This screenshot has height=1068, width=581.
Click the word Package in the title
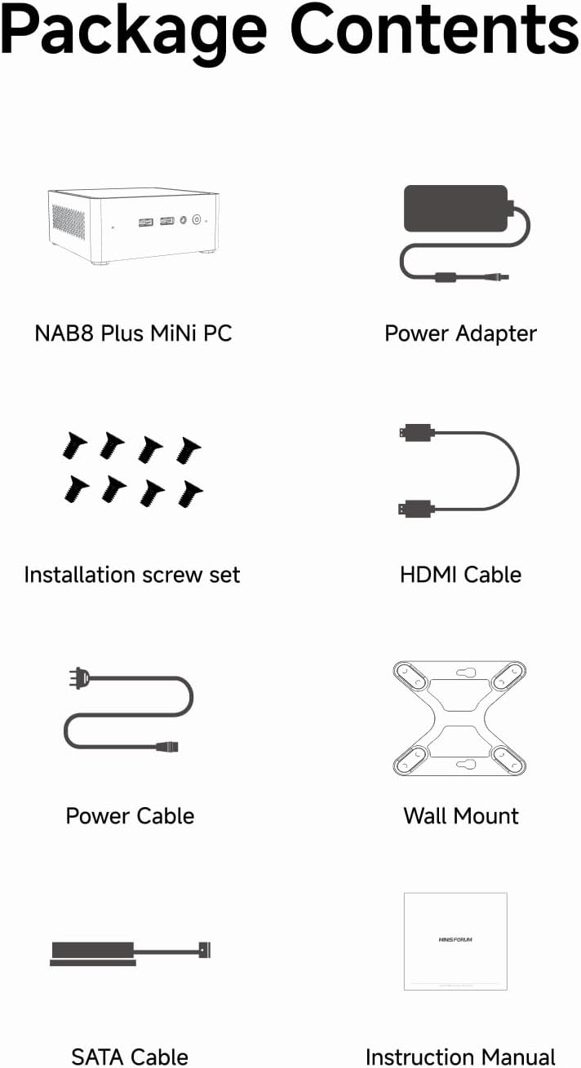(x=134, y=33)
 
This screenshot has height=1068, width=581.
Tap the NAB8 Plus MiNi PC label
(x=133, y=333)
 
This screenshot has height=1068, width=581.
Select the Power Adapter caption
(x=461, y=333)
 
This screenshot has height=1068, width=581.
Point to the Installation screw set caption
(x=131, y=575)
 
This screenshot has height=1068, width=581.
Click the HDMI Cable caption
(x=461, y=575)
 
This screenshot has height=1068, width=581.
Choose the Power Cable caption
(x=130, y=816)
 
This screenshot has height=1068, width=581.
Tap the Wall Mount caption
(x=461, y=816)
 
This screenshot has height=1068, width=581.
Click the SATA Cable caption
(x=130, y=1057)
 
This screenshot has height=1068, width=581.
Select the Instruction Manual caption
(x=461, y=1057)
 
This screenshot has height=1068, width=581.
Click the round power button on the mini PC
(x=196, y=219)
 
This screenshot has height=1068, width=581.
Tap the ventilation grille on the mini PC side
(x=69, y=223)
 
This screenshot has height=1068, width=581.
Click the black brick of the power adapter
(x=456, y=209)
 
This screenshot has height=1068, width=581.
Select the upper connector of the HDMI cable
(x=417, y=432)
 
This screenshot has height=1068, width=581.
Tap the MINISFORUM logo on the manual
(x=455, y=939)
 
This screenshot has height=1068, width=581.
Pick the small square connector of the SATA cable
(x=205, y=950)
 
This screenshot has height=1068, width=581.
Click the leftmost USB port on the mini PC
(x=145, y=223)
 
